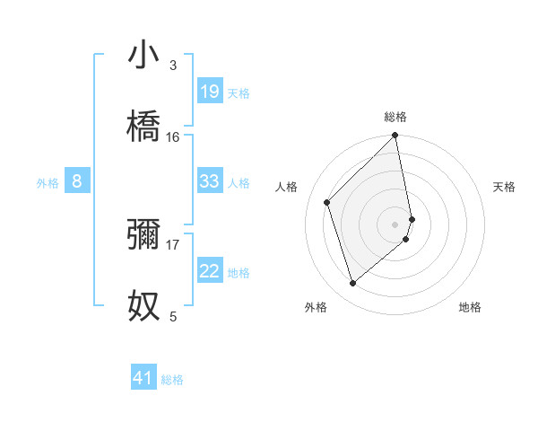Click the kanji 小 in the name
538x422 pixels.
(x=144, y=57)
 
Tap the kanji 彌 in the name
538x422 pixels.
(x=144, y=234)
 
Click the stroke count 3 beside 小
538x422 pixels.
(x=173, y=66)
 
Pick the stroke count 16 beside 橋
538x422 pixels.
(x=173, y=136)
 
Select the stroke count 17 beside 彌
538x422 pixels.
(x=173, y=243)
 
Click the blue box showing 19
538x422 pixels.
(x=210, y=92)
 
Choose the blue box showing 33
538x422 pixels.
(x=210, y=181)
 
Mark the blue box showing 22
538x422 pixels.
(x=210, y=271)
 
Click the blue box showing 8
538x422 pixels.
(x=77, y=181)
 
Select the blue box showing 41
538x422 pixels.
(x=143, y=378)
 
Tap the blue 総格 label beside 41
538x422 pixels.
(x=172, y=380)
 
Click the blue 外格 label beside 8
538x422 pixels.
(x=48, y=183)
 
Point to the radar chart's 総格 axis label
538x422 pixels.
(x=395, y=117)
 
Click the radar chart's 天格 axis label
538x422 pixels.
(x=504, y=187)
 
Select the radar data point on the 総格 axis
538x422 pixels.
(x=395, y=136)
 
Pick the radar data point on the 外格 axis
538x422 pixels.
(x=352, y=284)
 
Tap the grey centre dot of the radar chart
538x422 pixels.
(x=395, y=224)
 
